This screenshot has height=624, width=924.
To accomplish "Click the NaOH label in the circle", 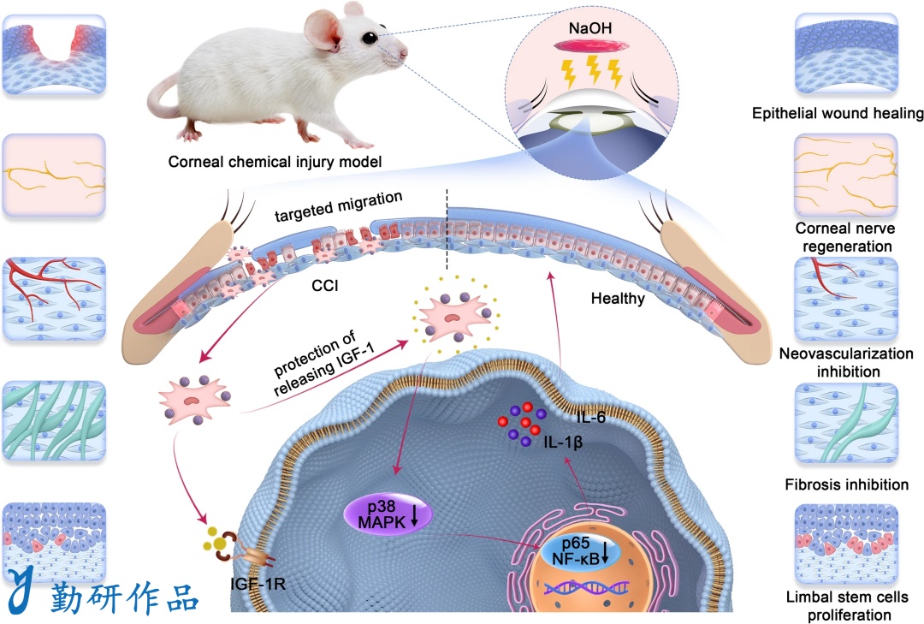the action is pyautogui.click(x=589, y=27).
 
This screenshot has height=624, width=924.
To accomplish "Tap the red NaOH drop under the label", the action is pyautogui.click(x=590, y=45).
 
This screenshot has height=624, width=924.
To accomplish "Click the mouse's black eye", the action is pyautogui.click(x=370, y=39).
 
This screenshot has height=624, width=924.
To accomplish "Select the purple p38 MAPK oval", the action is pyautogui.click(x=388, y=514).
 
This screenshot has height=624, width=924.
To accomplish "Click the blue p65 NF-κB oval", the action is pyautogui.click(x=575, y=551).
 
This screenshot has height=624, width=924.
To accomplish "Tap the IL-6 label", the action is pyautogui.click(x=590, y=418).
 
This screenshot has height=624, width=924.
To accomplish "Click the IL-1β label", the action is pyautogui.click(x=563, y=442).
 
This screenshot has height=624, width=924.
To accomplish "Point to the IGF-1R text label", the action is pyautogui.click(x=258, y=584).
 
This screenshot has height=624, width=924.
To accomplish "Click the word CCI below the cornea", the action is pyautogui.click(x=325, y=285).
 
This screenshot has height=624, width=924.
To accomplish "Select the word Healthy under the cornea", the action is pyautogui.click(x=618, y=299).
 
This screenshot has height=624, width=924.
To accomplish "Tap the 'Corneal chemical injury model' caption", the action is pyautogui.click(x=275, y=162).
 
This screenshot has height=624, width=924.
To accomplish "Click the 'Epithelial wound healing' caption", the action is pyautogui.click(x=838, y=113).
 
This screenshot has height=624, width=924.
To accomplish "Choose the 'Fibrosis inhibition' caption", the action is pyautogui.click(x=846, y=484).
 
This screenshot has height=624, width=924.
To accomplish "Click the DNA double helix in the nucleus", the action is pyautogui.click(x=586, y=587).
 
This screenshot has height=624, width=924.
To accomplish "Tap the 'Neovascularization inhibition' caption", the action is pyautogui.click(x=846, y=362).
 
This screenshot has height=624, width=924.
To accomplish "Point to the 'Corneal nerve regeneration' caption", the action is pyautogui.click(x=845, y=237).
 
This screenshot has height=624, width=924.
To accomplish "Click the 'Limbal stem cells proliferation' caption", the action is pyautogui.click(x=847, y=606).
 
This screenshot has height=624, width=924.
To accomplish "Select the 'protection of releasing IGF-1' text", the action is pyautogui.click(x=324, y=362).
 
